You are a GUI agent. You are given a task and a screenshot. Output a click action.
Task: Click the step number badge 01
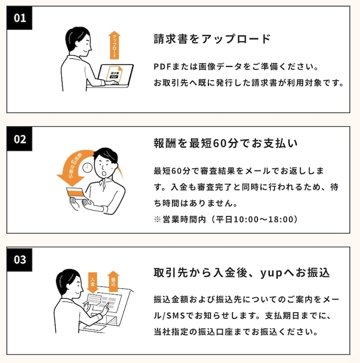19,18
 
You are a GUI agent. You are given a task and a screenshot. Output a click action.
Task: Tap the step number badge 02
19,139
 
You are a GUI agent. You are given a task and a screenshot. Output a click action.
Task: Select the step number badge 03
19,259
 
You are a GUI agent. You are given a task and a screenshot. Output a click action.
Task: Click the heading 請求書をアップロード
212,38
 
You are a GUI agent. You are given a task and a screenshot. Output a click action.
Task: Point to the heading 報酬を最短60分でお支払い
225,143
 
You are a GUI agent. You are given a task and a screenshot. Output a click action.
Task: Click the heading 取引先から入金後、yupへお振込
241,272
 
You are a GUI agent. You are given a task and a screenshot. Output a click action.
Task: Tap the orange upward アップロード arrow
114,45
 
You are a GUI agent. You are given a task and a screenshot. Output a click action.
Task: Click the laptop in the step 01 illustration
115,75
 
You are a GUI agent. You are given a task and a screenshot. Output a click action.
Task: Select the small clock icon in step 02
87,167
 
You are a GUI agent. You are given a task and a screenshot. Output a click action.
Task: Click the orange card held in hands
76,193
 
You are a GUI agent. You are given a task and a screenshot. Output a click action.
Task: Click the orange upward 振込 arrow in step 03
113,281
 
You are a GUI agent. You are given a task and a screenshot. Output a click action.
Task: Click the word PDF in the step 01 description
162,66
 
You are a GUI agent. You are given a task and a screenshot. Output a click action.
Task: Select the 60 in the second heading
219,143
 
